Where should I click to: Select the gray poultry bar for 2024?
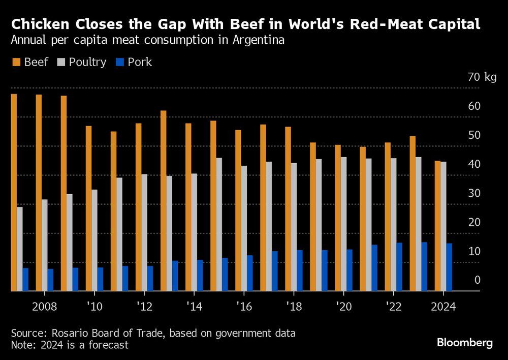443,226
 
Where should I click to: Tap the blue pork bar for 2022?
399,266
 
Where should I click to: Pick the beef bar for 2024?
437,226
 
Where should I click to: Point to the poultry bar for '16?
244,228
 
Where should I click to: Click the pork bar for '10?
100,279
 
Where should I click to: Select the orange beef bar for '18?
288,208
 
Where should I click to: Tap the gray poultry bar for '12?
144,232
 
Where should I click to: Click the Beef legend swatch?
16,62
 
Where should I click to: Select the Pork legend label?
140,62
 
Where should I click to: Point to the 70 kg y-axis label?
483,77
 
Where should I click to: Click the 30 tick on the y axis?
474,193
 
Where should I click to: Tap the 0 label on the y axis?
477,280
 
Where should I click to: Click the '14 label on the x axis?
194,307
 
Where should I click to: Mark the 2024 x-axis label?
443,307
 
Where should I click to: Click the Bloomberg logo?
465,343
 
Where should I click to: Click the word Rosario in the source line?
66,334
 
